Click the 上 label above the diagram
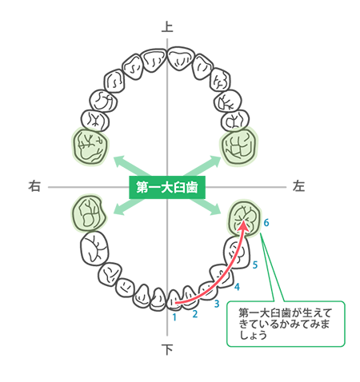[167, 27]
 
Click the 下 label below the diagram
[167, 349]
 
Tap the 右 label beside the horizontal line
[34, 186]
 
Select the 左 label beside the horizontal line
[298, 186]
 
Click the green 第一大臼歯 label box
[167, 187]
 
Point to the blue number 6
[266, 223]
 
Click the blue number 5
[255, 265]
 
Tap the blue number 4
[237, 287]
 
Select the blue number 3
[217, 304]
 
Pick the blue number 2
[195, 314]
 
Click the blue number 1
[174, 317]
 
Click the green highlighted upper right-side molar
[90, 146]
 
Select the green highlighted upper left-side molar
[239, 146]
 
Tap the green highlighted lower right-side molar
[89, 213]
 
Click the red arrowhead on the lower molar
[244, 225]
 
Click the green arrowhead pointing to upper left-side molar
[215, 161]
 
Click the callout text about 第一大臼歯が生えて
[285, 324]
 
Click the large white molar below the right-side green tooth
[94, 249]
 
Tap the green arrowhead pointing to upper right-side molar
[119, 161]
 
